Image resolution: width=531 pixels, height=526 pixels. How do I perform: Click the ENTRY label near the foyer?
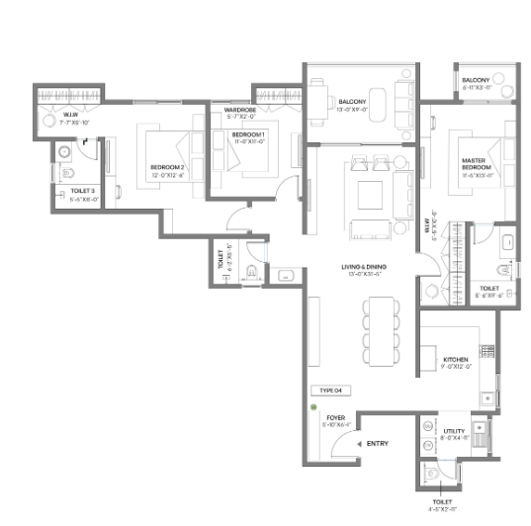coord(377,444)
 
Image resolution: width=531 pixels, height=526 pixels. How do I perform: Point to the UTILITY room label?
coord(454,431)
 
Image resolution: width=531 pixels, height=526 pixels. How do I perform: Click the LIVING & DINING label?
coord(354,267)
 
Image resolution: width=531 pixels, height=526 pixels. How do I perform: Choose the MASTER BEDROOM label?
coord(476,163)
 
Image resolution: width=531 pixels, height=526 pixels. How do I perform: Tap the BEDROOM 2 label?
coord(167,167)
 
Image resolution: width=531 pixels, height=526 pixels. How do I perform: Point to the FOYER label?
coord(335,418)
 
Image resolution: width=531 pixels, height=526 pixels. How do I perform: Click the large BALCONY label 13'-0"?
coord(352,101)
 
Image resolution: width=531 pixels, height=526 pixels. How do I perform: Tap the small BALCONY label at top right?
coord(475,79)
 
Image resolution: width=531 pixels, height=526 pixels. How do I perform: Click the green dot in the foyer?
coord(313,407)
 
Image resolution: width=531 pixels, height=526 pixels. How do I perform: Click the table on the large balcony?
coord(321,100)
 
